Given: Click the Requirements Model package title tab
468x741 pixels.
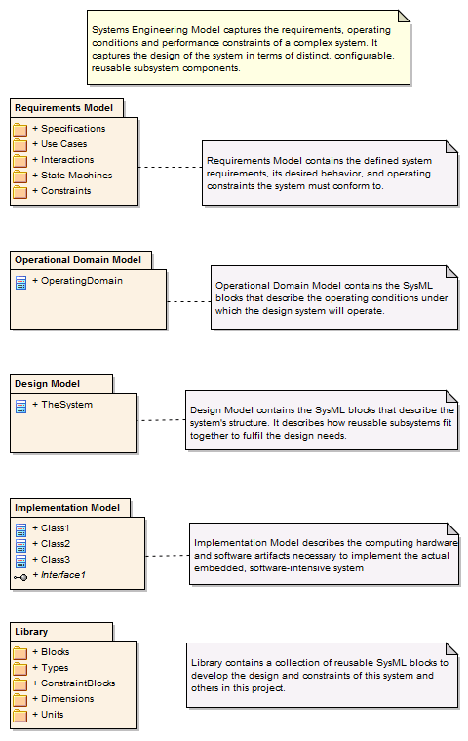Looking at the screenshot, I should coord(65,107).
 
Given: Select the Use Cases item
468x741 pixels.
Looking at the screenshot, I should coord(63,144).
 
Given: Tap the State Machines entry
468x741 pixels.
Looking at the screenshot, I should coord(76,175).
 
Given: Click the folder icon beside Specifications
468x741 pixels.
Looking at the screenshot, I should coord(20,129).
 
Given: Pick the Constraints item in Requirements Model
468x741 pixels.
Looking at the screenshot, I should coord(65,191).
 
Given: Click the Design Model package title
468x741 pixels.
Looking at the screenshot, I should coord(61,384).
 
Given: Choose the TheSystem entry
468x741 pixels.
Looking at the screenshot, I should coord(66,405).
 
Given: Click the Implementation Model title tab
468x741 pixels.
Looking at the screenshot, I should coord(68,508).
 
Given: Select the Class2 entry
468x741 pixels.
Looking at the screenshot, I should coord(55,544).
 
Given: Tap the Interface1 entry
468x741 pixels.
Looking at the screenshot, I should coord(62,575).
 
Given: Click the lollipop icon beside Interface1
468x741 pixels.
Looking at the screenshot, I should coord(20,576).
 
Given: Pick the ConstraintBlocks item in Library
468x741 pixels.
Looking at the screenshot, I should coord(78,683).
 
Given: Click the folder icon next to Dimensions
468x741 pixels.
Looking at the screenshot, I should coord(20,699).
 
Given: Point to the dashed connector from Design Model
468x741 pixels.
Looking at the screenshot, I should coord(161,420).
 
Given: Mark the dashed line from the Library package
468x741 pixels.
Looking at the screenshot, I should coord(161,682).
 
